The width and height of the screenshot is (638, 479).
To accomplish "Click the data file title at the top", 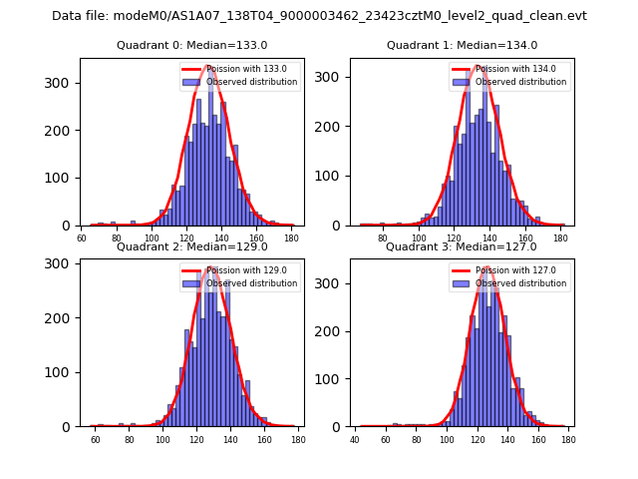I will (x=319, y=16).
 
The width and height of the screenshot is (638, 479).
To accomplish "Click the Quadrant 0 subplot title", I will (x=191, y=45).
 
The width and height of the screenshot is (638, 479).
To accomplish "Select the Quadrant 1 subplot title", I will (x=462, y=45).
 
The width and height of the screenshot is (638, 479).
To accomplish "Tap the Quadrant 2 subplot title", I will (x=191, y=246).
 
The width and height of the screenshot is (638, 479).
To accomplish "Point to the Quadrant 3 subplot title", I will (x=462, y=246).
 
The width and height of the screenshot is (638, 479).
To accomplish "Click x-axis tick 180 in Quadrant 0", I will (x=291, y=238).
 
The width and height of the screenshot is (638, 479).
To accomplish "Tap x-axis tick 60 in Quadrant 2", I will (x=96, y=439).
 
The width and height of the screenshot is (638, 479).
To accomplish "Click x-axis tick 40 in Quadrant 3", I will (x=356, y=439).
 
